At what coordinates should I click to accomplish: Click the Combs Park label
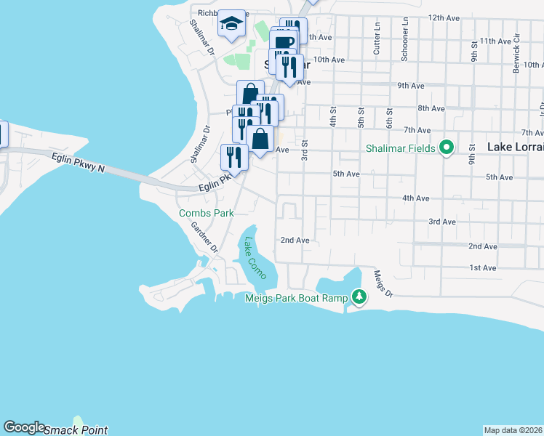click(x=207, y=213)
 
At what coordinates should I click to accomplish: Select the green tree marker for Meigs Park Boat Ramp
click(x=359, y=296)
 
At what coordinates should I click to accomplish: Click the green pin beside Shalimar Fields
click(x=447, y=148)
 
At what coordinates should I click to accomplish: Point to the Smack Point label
click(x=76, y=430)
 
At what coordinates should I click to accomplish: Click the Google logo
click(x=23, y=428)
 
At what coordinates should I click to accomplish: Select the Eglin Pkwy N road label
click(x=79, y=163)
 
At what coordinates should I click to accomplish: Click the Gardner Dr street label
click(x=204, y=236)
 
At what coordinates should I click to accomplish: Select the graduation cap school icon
click(x=231, y=25)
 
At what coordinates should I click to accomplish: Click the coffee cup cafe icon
click(x=284, y=41)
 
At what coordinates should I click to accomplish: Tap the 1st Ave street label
click(x=482, y=268)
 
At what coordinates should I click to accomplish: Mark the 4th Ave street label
click(x=417, y=198)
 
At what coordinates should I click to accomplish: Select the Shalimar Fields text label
click(x=401, y=149)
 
